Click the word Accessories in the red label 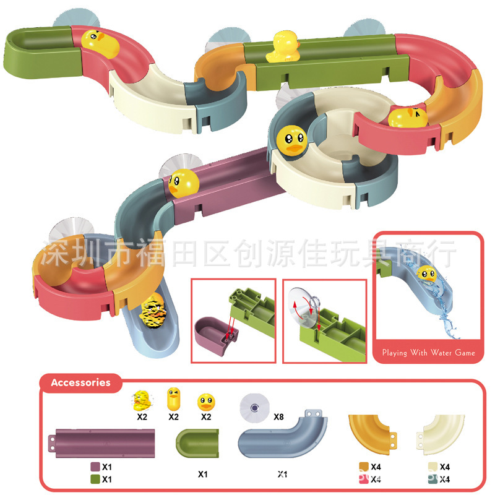80,382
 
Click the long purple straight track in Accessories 104,443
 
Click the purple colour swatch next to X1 95,467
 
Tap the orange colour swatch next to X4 364,467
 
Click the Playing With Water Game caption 429,353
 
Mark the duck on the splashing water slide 426,274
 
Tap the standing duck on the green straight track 283,48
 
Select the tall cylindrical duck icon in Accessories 174,400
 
